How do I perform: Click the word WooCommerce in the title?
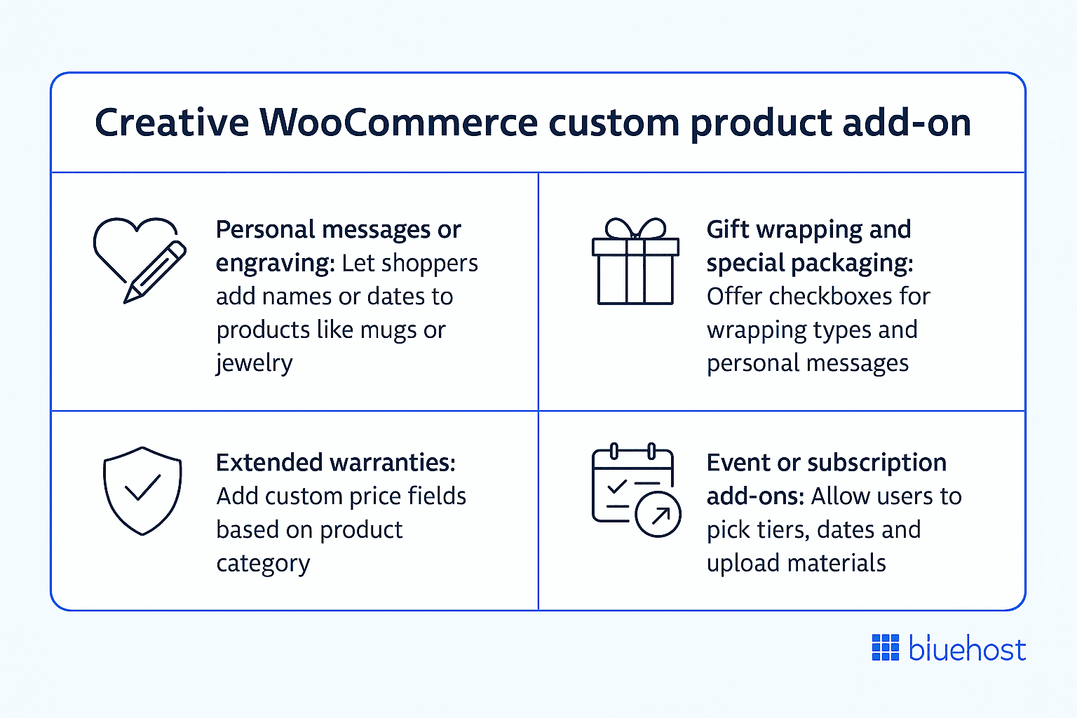point(398,122)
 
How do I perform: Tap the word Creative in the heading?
point(172,122)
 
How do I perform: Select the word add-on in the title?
point(906,122)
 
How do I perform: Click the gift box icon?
point(635,262)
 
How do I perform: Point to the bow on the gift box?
point(635,229)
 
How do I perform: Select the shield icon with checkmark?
point(142,491)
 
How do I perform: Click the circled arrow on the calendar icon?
point(658,515)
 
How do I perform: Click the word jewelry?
point(254,363)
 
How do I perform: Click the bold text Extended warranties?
point(335,463)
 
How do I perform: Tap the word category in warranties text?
point(263,564)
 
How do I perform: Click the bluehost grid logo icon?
point(885,647)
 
